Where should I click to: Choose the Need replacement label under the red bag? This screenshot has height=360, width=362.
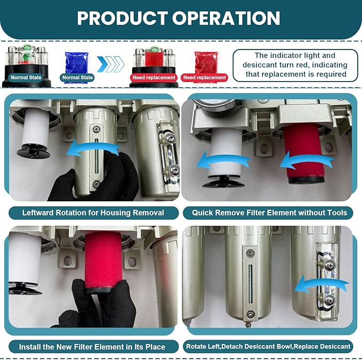pos(204,78)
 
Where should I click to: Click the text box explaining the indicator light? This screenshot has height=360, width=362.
pos(295,65)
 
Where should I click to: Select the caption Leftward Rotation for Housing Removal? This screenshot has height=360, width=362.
pos(93,212)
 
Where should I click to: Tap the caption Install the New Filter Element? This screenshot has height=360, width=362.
pos(92,346)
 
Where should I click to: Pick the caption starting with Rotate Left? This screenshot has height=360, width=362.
pos(268,346)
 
